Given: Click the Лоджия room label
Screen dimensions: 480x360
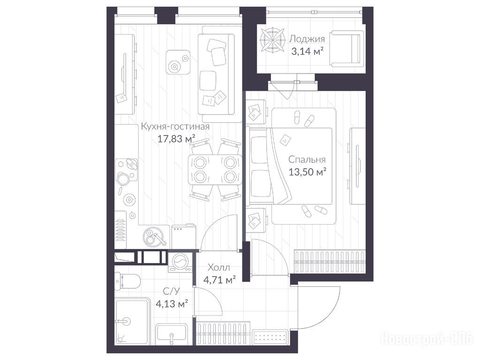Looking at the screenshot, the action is coord(307,39).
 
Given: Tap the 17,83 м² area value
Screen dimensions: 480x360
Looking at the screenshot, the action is coord(176,139).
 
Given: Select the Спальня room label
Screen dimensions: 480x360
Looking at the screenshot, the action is coord(307,160).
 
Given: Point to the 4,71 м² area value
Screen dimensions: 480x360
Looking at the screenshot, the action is coord(219,279).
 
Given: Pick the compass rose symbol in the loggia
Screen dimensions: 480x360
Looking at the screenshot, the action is coord(272,40).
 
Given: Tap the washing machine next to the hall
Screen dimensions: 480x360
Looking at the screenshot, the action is coord(180,262).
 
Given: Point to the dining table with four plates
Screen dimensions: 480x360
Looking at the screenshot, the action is coord(215,170).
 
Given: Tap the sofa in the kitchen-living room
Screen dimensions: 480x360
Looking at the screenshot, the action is coord(216,74).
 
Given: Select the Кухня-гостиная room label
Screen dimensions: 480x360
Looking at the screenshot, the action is coord(175,127).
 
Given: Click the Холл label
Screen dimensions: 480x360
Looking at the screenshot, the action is coord(218,268).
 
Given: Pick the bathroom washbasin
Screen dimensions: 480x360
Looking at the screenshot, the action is coord(172,335).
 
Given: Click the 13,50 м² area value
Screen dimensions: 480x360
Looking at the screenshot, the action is coord(307,172).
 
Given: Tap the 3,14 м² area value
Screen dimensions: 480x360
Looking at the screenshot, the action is coord(307,52).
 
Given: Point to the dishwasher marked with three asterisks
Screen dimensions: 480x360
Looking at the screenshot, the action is coord(183,237).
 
